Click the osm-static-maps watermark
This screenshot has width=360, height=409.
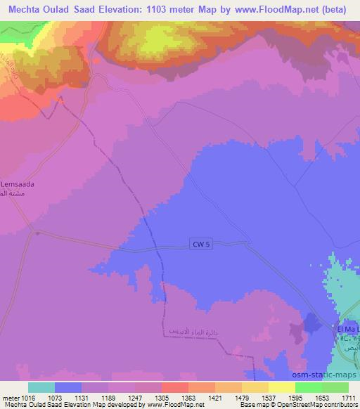(330, 372)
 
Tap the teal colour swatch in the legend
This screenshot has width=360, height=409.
(41, 387)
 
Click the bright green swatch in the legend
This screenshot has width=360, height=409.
(309, 387)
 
